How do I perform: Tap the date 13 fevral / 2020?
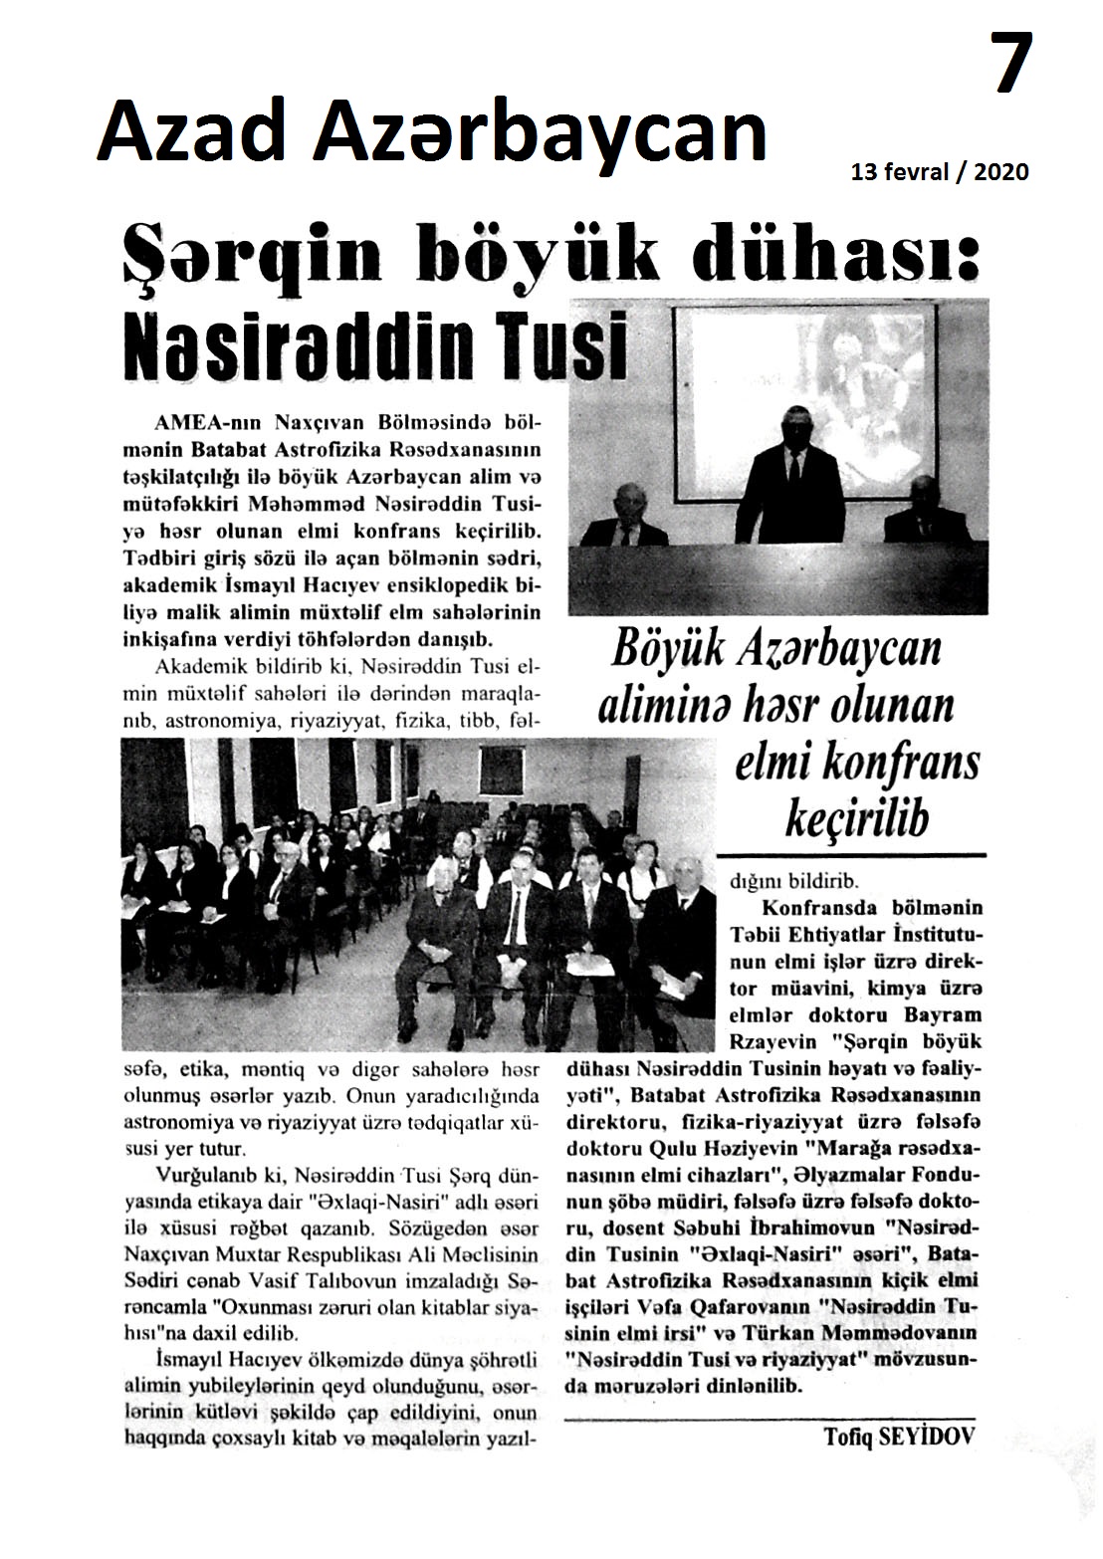[940, 172]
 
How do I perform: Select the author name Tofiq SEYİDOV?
[900, 1436]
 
